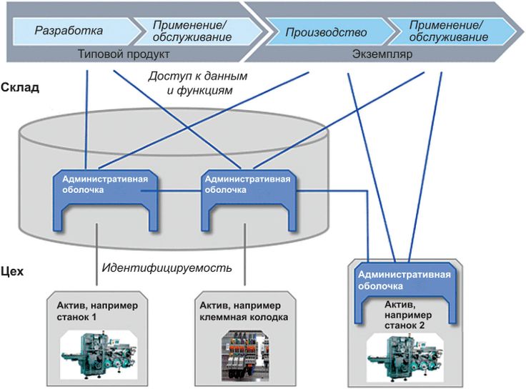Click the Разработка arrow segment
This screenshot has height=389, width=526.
click(69, 31)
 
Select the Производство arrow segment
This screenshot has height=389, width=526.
click(326, 32)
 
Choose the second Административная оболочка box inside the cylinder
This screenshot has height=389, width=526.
click(247, 184)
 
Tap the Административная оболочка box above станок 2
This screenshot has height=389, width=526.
click(404, 280)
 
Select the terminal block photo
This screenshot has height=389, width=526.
click(244, 351)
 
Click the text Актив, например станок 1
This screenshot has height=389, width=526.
click(97, 310)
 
